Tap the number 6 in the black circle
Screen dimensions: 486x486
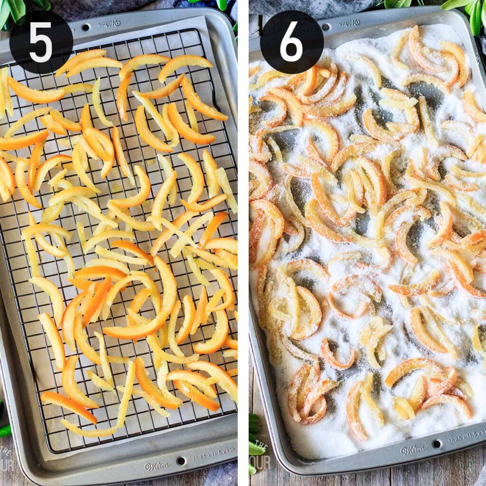coord(291,42)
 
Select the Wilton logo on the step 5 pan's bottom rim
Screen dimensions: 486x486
coord(157,466)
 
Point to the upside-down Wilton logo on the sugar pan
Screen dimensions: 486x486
coord(348,22)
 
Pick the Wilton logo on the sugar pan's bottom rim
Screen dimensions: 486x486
coord(413,449)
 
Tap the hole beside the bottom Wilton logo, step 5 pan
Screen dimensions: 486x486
coord(181,460)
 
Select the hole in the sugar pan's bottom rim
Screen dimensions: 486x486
coord(436,443)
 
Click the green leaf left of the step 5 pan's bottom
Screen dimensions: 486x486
coord(4,430)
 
